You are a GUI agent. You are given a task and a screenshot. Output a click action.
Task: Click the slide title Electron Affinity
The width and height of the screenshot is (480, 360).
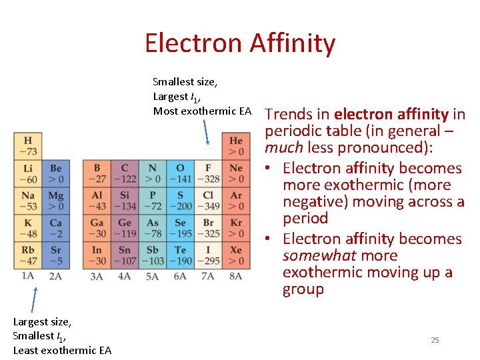pos(240,43)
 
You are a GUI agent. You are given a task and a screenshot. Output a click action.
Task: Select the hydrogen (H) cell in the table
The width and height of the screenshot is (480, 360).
pos(28,147)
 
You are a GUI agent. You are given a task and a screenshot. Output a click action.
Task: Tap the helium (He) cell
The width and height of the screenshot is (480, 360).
pos(236,147)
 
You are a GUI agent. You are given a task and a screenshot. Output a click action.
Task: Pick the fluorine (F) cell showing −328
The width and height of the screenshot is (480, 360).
pos(208,174)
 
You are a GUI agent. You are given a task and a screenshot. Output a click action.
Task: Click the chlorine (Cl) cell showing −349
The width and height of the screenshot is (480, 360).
pos(208,201)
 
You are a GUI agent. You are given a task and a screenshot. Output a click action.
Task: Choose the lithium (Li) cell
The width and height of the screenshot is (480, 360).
pos(28,174)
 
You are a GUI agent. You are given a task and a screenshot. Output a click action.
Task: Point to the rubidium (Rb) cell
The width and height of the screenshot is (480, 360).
pos(28,255)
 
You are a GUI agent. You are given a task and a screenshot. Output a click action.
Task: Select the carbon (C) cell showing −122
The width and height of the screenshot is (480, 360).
pos(125,174)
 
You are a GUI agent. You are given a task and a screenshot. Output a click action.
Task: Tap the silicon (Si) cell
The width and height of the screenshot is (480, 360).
pos(125,201)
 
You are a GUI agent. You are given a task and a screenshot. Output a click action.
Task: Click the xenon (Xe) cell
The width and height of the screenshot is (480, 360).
pos(236,255)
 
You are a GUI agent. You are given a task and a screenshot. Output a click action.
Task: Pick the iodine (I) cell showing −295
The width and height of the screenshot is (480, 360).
pos(208,255)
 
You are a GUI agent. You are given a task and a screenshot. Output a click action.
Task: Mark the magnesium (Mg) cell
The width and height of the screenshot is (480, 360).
pos(55,201)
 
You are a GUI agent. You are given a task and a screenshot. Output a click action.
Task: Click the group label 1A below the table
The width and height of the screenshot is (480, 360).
pos(28,275)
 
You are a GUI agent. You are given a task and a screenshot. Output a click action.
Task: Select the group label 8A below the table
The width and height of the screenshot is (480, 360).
pos(236,275)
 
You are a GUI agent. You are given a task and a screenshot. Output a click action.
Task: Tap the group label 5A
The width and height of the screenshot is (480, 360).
pos(153,275)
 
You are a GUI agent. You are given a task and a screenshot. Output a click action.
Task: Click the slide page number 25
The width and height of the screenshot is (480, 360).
pos(435,340)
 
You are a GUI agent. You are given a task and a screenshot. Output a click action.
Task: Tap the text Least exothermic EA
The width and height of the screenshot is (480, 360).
pos(62,350)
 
